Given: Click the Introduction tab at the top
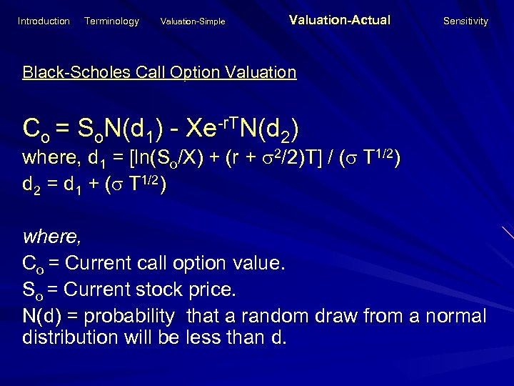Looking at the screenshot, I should (44, 21).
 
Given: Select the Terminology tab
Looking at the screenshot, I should (111, 21).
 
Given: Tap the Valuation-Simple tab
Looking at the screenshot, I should (193, 22).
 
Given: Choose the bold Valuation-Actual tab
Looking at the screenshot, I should (340, 21).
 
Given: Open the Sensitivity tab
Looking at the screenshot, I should (465, 21).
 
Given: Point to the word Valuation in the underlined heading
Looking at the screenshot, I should (261, 72).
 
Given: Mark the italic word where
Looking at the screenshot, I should (48, 235).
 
